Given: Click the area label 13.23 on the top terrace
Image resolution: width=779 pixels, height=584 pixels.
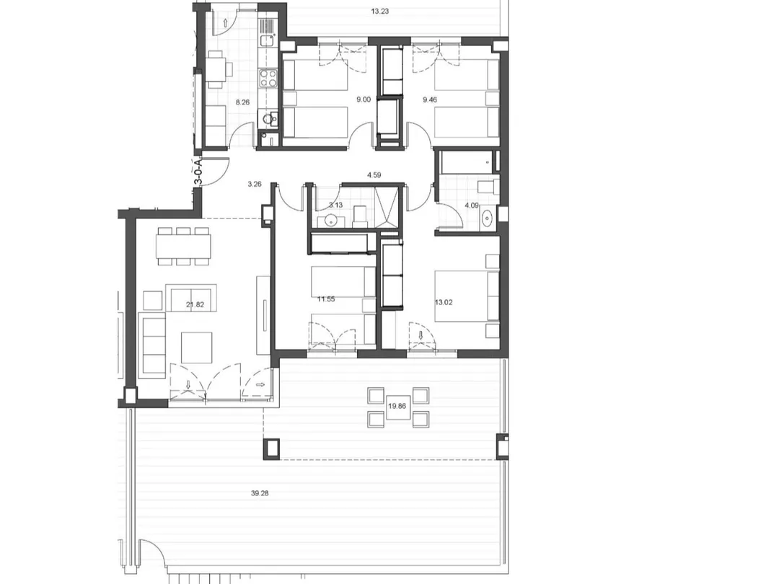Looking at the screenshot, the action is pos(379,12).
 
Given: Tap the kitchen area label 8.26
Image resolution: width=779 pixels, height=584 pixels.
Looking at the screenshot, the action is pos(242,102).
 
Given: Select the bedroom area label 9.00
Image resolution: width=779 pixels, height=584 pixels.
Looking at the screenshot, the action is pos(364,99).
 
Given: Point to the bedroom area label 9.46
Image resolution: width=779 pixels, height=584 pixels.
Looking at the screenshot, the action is pos(430,99).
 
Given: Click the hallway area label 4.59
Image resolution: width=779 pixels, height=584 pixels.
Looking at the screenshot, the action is pos(374,174).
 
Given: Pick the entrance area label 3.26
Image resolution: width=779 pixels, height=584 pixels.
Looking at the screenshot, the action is pos(255,185).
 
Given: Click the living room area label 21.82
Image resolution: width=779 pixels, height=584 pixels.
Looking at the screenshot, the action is pos(195,304).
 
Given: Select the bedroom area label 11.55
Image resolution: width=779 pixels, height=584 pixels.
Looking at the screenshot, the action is pos(326,299).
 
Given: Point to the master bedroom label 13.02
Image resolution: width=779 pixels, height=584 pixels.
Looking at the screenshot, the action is pos(444,302).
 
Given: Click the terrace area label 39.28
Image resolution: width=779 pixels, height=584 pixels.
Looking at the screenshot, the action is pos(260,493).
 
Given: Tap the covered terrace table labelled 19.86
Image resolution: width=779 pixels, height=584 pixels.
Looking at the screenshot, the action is pos(397,406).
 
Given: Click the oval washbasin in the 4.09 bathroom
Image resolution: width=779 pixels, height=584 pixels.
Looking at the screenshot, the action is pos(488,218).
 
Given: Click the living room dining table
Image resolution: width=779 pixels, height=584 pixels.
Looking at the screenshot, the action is pos(183,247).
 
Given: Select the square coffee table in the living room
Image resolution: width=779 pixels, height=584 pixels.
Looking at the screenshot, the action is pos(197,348).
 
